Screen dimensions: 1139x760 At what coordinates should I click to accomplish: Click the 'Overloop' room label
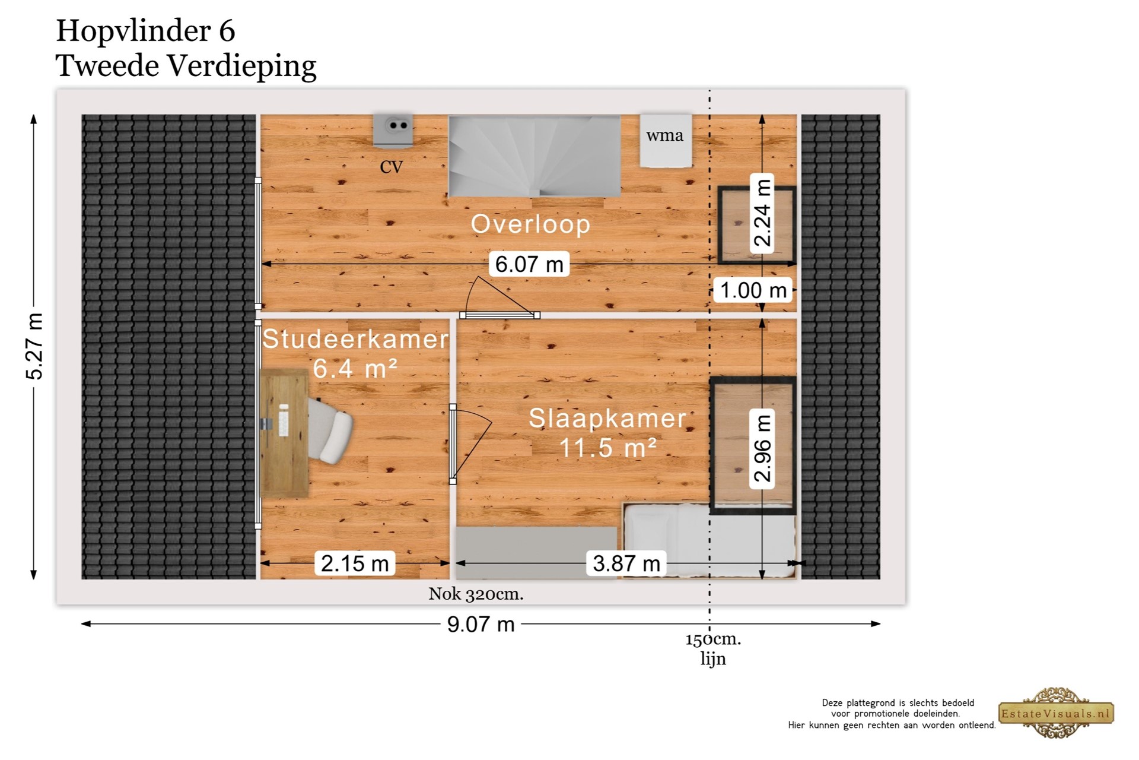(x=530, y=224)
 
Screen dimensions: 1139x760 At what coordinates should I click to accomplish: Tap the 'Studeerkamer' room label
(x=355, y=339)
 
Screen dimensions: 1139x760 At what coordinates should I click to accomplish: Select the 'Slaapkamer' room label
(x=607, y=418)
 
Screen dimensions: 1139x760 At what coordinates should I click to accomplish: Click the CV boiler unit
(x=393, y=130)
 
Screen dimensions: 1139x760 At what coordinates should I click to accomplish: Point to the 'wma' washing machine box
(x=666, y=141)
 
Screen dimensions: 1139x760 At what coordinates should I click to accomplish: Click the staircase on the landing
(x=534, y=156)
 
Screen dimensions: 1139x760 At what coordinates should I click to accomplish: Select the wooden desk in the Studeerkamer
(x=284, y=433)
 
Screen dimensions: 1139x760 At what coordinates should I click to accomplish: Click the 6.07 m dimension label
(x=529, y=264)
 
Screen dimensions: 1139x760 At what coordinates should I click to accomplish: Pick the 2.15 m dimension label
(x=355, y=563)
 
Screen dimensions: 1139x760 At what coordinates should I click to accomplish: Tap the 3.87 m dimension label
(x=626, y=563)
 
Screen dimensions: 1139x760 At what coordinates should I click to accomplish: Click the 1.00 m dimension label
(x=753, y=290)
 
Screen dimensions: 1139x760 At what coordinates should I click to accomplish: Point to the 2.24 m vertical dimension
(x=762, y=213)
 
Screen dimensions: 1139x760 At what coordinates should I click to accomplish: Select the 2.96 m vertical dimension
(x=762, y=448)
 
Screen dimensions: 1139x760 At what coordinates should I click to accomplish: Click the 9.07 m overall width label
(x=481, y=624)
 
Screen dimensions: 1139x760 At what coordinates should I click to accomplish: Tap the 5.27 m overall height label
(x=34, y=346)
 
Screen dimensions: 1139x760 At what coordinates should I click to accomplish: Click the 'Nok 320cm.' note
(x=476, y=594)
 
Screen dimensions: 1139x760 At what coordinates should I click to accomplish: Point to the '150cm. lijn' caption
(x=713, y=649)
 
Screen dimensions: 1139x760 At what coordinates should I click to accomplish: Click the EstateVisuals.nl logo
(x=1057, y=713)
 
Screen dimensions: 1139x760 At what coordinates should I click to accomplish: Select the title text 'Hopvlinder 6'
(x=145, y=31)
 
